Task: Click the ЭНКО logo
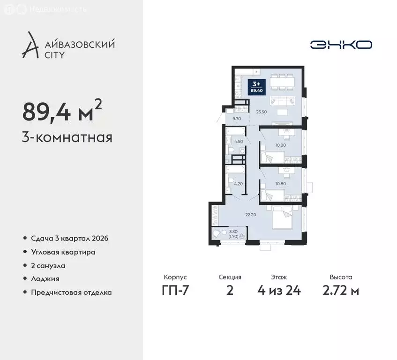tap(341, 45)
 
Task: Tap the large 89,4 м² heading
tap(62, 112)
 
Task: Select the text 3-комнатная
tap(67, 138)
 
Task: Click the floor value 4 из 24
tap(279, 290)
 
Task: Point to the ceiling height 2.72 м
tap(341, 290)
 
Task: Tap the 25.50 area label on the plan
tap(261, 112)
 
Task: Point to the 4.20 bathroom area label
tap(238, 184)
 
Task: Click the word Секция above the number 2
tap(230, 277)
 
